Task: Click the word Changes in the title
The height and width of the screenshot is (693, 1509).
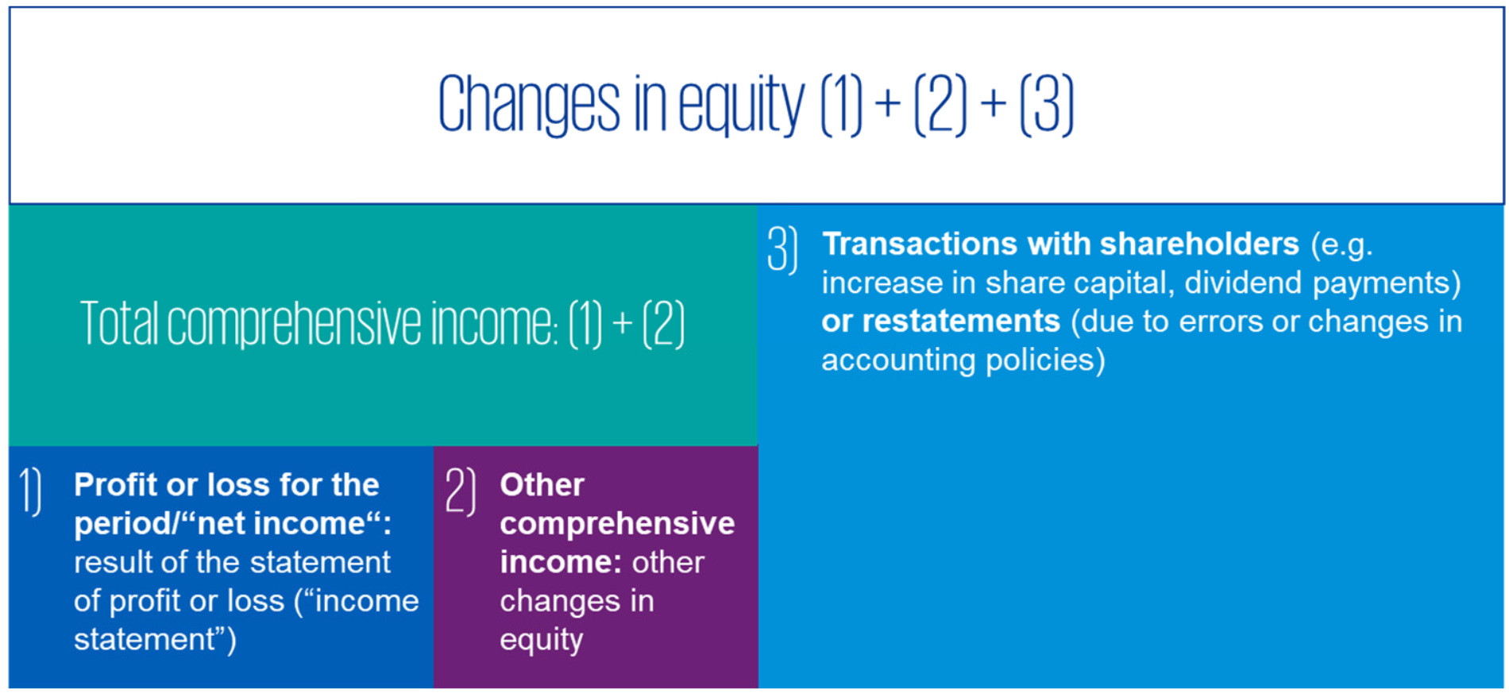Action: click(529, 105)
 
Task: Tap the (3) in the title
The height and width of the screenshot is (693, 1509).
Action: click(1047, 105)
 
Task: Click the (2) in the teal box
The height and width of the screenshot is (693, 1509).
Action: click(663, 324)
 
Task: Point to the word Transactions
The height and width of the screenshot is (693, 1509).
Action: click(919, 244)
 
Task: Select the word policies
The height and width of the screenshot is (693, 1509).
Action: click(1045, 360)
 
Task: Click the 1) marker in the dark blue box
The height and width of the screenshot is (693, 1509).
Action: click(31, 492)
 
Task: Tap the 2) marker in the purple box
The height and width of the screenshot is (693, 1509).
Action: click(461, 492)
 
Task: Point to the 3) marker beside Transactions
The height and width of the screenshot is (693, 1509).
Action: click(782, 251)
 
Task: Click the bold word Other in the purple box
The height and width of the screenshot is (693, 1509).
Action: click(542, 485)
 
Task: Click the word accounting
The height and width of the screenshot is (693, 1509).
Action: click(898, 361)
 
